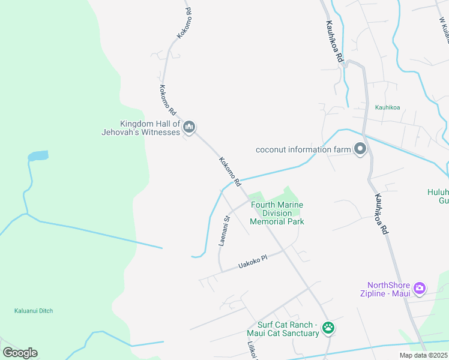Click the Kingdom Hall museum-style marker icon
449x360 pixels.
190,127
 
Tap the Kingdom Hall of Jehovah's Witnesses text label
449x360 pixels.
142,127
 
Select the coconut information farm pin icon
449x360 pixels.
360,149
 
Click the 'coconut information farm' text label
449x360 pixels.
303,149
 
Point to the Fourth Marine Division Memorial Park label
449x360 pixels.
277,213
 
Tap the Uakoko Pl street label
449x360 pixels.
252,262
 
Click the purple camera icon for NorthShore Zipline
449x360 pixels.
420,289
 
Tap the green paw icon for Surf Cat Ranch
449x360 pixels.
328,328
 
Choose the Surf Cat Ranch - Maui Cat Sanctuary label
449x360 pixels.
283,328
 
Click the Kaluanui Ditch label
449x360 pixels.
34,311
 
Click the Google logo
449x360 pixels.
20,353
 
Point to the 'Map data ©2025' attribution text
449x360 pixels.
423,355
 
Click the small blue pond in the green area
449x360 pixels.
38,157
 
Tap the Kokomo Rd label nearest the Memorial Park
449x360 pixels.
230,172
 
